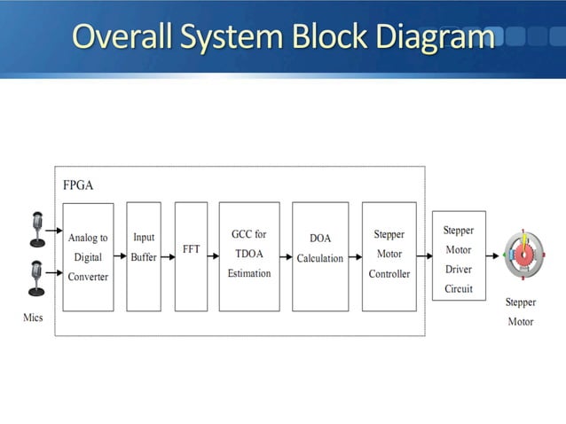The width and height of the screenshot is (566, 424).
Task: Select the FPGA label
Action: tap(77, 185)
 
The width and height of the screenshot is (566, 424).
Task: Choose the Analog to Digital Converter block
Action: tap(88, 256)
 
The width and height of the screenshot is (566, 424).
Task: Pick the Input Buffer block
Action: tap(143, 256)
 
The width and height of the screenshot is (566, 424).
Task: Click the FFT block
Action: tap(191, 256)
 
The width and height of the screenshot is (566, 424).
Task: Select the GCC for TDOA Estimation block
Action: tap(248, 256)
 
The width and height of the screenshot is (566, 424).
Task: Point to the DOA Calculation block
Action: tap(320, 256)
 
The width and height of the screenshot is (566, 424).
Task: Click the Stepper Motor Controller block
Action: tap(389, 256)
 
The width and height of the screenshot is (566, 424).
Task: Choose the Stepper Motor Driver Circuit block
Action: tap(458, 257)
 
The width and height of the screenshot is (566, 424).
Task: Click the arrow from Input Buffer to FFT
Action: tap(168, 256)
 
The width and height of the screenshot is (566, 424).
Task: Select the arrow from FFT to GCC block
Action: tap(213, 256)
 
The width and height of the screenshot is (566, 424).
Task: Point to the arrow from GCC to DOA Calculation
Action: tap(286, 256)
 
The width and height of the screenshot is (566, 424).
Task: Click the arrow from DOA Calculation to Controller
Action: tap(355, 256)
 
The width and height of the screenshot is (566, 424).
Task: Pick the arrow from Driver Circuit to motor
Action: tap(493, 256)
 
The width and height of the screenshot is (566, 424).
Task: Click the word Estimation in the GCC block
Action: tap(248, 274)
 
